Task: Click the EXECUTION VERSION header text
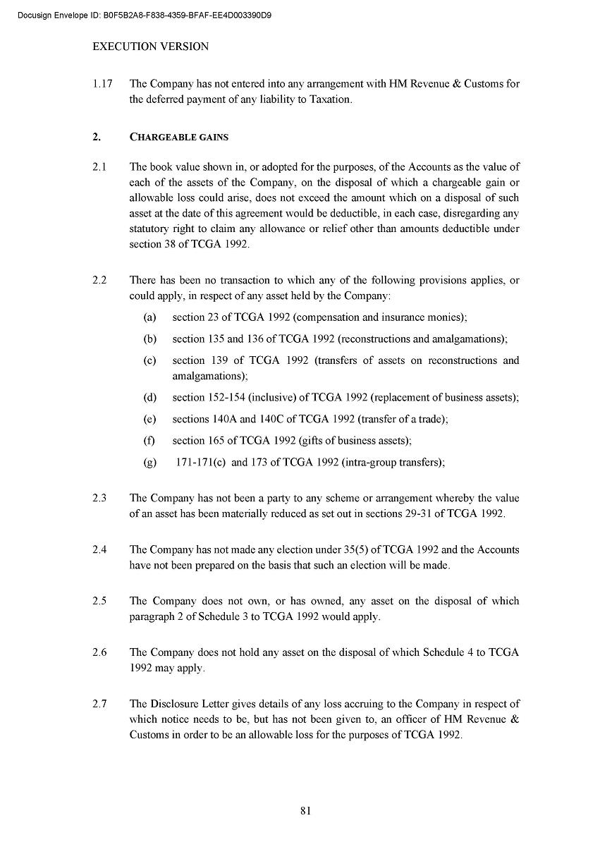point(151,47)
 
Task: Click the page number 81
point(305,810)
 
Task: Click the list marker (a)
point(149,317)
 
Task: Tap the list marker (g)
point(149,463)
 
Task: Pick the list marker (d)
point(149,398)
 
